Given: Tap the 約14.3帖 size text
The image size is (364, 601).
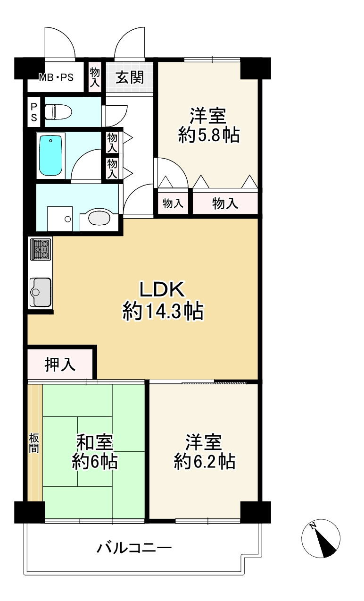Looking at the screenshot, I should (163, 312).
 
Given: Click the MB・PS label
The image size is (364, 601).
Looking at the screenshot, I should (56, 77).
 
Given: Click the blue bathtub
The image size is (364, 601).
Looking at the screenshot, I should (51, 155).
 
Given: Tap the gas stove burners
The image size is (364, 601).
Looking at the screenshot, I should (41, 249).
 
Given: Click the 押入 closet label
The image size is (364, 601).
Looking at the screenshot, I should (60, 364).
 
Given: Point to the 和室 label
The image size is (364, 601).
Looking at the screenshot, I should (95, 443).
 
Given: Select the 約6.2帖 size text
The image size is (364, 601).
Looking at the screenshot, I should (204, 461).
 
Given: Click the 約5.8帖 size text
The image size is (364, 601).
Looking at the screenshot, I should (208, 135).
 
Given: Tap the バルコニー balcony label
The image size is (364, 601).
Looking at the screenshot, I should (134, 549).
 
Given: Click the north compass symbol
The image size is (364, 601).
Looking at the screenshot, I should (321, 539).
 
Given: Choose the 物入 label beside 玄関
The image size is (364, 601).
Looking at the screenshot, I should (95, 77).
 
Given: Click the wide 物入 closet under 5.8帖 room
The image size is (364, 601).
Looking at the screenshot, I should (225, 204).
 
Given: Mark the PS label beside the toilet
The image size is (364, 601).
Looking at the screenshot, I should (34, 112).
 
